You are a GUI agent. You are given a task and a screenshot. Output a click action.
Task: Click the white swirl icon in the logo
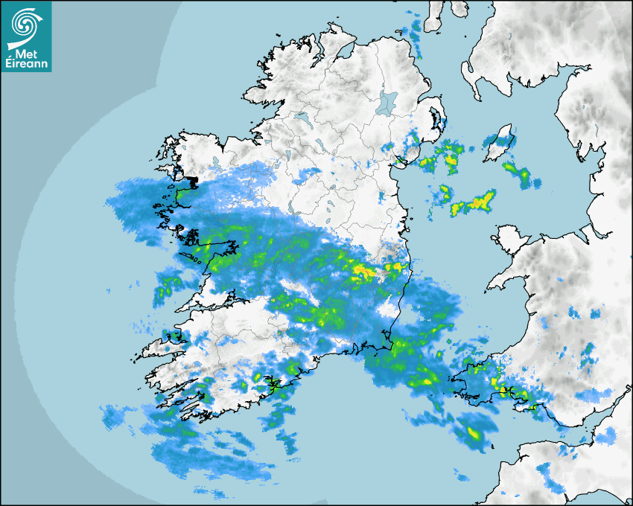(x=25, y=23)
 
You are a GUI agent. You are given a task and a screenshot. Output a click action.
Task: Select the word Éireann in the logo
(x=26, y=64)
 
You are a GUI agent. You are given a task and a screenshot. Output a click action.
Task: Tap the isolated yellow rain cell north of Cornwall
(x=474, y=434)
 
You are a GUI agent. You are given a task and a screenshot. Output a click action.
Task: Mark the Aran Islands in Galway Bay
(x=195, y=259)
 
